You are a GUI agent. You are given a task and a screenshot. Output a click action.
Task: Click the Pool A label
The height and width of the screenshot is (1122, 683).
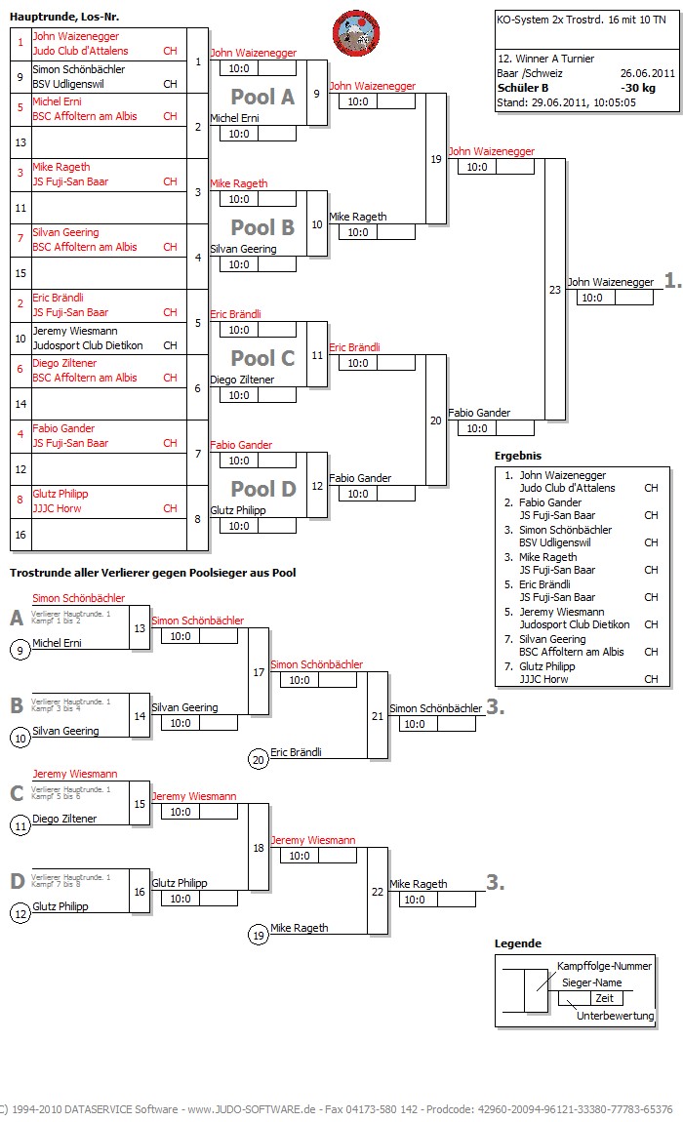click(261, 97)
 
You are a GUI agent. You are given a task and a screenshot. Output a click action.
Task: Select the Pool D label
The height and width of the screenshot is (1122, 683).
click(261, 489)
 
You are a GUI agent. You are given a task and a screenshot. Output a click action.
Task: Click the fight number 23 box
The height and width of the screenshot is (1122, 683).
click(555, 289)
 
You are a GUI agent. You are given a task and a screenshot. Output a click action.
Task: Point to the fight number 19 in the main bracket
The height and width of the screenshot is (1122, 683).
click(435, 159)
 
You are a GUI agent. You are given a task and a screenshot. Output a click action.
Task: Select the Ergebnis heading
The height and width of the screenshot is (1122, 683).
click(517, 456)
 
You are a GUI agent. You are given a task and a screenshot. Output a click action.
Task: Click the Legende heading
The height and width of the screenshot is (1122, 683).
click(517, 943)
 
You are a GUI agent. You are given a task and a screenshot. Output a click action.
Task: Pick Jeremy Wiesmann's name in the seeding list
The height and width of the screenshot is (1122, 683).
click(75, 331)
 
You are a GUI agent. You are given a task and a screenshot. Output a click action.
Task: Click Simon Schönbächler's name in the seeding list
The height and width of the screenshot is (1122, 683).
click(79, 69)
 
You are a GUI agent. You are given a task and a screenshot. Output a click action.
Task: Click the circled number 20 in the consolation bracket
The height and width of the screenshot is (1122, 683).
click(259, 759)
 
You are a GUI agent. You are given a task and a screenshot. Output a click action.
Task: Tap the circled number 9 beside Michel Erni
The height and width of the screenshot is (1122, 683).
click(20, 650)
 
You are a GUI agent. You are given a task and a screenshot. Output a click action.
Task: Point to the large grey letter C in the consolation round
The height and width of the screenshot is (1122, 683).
click(17, 793)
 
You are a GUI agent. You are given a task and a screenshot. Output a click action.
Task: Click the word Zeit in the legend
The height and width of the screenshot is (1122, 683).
click(604, 998)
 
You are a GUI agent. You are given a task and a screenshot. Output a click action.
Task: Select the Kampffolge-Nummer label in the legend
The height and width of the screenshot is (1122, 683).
click(604, 966)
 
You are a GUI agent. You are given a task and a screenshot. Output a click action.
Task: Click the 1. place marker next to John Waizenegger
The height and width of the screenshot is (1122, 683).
click(672, 281)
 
